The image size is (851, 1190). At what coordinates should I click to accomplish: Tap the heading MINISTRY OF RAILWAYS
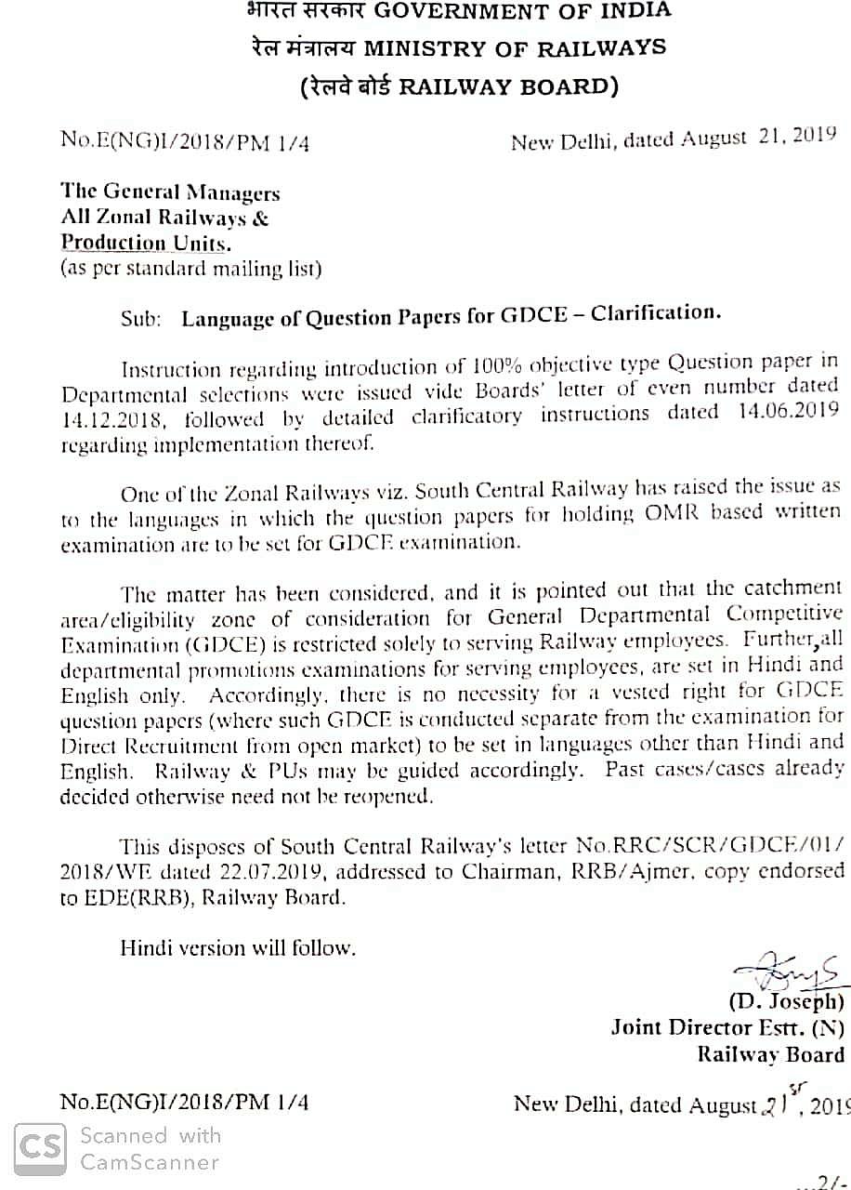coord(515,48)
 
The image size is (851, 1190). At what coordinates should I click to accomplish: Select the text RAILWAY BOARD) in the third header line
coord(508,87)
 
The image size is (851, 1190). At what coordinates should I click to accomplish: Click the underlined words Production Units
coord(144,244)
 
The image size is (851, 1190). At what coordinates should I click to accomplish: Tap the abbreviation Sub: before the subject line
coord(140,319)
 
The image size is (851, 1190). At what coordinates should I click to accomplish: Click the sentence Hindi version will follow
coord(238,949)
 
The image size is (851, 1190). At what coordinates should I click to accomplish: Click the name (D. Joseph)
coord(786,1002)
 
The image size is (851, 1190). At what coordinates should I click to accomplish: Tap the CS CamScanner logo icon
coord(40,1149)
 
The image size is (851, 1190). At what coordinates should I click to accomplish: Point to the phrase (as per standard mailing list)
coord(190,270)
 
